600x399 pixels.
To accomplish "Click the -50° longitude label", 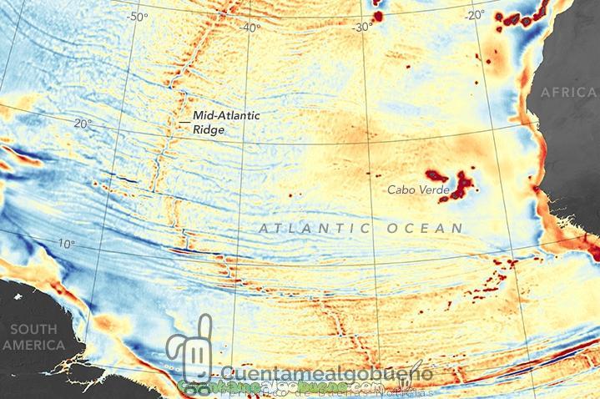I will click(x=136, y=16).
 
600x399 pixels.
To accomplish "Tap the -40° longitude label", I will click(x=250, y=28).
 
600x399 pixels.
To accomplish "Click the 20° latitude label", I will click(x=83, y=124).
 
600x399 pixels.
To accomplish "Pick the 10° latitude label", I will click(x=67, y=244).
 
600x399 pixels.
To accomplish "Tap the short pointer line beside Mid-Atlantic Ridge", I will click(x=184, y=123).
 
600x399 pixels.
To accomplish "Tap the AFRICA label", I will click(x=569, y=93).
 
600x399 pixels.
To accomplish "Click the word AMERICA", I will click(x=33, y=345).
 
